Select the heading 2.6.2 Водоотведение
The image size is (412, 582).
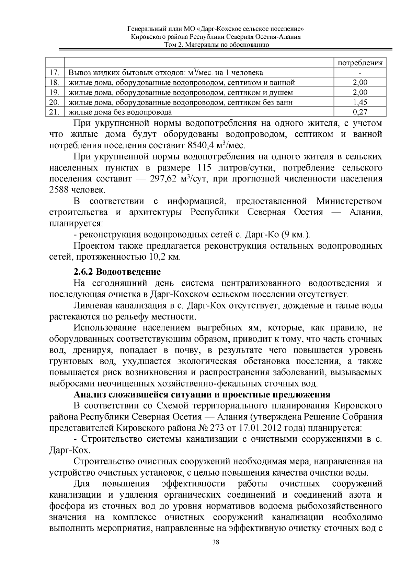coord(117,272)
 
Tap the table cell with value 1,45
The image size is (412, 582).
coord(360,102)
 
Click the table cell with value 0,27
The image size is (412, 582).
coord(360,112)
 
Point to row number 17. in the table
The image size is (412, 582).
coord(55,73)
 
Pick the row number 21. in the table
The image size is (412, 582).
coord(55,112)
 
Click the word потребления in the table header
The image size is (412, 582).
coord(360,63)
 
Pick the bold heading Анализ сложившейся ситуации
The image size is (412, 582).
coord(202,394)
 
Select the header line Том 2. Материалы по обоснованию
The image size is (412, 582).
coord(216,45)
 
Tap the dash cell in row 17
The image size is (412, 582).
coord(360,73)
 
